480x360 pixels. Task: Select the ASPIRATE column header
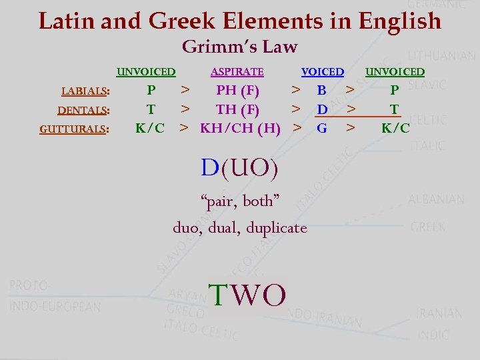coord(237,72)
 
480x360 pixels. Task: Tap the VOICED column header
coord(323,72)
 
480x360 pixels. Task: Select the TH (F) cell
coord(237,109)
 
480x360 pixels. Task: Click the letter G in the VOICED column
coord(322,128)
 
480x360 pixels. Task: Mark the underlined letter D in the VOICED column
coord(322,109)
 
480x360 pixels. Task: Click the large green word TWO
coord(247,295)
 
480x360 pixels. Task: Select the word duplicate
coord(277,228)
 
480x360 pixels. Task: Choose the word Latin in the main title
coord(65,21)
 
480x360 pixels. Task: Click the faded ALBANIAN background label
coord(437,199)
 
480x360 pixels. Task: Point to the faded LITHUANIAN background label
coord(441,57)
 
